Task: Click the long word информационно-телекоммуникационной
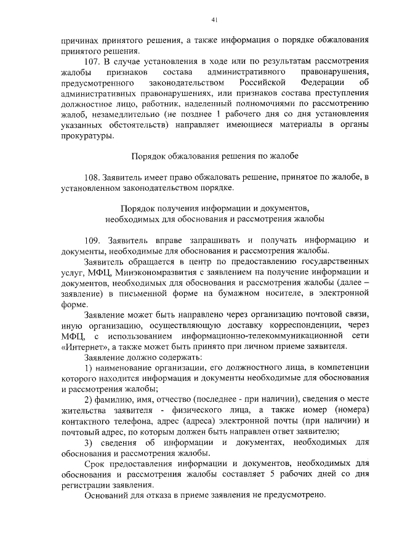262,335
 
